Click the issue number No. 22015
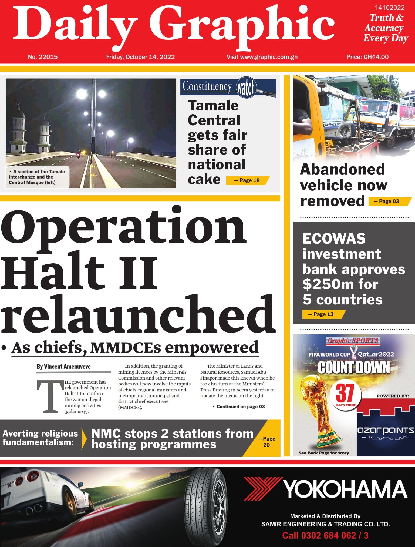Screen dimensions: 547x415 click(x=43, y=57)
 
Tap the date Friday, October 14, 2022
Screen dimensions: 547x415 click(x=140, y=57)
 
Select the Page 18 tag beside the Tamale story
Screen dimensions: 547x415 click(x=247, y=180)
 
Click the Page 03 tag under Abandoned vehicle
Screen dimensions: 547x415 click(x=389, y=201)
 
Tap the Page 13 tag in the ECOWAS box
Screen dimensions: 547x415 click(x=323, y=314)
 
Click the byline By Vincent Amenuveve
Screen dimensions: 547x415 click(x=64, y=367)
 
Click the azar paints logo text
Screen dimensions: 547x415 click(x=385, y=431)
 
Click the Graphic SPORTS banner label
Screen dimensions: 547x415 click(x=353, y=341)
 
